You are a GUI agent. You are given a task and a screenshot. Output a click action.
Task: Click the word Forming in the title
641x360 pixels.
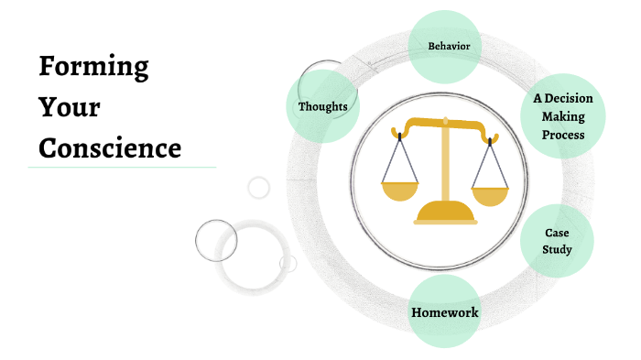pos(93,67)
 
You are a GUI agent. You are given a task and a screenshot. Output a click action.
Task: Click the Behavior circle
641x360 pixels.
pos(444,46)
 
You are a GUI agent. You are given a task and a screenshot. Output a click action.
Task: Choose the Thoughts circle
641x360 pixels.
pos(322,107)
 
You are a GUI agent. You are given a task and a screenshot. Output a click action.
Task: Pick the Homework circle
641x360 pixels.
pos(444,312)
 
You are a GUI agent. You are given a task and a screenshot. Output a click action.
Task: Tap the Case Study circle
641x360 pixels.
pos(557,241)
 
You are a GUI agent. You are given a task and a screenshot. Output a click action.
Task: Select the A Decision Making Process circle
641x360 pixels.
pos(563,116)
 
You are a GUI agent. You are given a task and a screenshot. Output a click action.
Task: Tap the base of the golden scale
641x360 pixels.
pos(445,216)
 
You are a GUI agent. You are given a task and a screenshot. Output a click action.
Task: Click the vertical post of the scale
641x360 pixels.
pos(445,169)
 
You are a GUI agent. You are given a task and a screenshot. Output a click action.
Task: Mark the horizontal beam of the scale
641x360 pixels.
pos(445,124)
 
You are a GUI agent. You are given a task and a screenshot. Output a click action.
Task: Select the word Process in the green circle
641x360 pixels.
pos(563,135)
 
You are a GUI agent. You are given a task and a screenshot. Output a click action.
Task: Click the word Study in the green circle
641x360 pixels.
pos(557,249)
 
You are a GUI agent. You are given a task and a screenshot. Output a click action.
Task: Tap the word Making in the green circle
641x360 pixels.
pos(563,116)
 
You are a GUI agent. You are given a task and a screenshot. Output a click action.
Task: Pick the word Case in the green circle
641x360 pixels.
pos(557,233)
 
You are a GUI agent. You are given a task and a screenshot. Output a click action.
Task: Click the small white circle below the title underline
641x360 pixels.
pos(259,188)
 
